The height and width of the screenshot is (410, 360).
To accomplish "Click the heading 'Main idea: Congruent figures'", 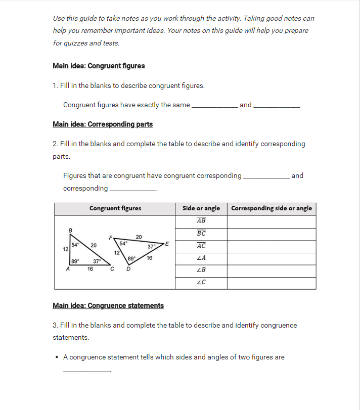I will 99,66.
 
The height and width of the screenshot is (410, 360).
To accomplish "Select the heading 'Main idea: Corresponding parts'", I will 103,124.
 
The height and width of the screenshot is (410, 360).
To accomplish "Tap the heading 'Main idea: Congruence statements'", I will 108,306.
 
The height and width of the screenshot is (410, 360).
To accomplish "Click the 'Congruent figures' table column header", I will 115,208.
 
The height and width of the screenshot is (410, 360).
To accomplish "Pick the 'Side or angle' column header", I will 201,208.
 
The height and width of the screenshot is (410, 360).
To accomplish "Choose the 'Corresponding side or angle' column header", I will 272,208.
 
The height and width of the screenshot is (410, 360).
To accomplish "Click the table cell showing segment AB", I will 201,221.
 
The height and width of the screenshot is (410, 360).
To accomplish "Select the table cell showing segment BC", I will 201,234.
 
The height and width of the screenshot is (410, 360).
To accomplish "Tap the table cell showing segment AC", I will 201,246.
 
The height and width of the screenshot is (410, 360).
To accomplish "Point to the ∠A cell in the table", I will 201,258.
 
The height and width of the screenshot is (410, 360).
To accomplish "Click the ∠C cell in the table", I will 201,283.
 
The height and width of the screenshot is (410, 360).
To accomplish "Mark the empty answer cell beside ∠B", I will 272,270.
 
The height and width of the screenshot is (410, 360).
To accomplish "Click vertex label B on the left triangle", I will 70,231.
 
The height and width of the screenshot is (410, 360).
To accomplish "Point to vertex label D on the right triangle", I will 128,269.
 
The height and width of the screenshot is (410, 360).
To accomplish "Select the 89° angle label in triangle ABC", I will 75,261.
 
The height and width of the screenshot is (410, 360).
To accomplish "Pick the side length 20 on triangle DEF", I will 139,236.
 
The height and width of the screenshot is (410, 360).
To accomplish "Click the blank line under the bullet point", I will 86,371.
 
